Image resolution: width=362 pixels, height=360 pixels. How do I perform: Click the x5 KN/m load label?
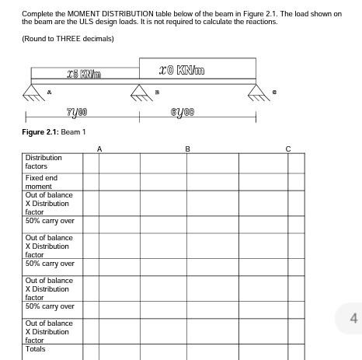coord(84,74)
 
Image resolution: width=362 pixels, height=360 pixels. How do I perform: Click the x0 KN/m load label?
coord(182,70)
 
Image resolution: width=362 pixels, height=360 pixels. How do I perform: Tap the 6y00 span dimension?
coord(183,113)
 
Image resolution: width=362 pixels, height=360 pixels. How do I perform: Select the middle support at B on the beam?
coord(140,93)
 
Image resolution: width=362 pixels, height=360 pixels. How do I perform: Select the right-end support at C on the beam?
coord(256,93)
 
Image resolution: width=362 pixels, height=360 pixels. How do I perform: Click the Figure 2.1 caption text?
coord(54,131)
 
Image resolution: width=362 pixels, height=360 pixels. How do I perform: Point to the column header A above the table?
coord(99,148)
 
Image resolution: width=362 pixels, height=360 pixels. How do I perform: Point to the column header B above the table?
coord(187,148)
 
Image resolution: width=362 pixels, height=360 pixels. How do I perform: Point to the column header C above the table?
coord(287,148)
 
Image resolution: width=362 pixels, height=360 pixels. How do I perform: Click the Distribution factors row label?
coord(44,162)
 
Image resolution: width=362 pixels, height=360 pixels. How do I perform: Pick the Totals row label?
coord(36,349)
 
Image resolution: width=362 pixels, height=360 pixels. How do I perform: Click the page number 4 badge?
coord(353,318)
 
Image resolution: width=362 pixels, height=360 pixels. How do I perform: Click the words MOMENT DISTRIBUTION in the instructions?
coord(98,14)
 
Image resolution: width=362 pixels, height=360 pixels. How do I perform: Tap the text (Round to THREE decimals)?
coord(68,39)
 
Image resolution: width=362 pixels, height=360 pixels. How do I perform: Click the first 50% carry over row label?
coord(50,221)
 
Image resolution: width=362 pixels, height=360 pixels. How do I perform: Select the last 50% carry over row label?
coord(50,306)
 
